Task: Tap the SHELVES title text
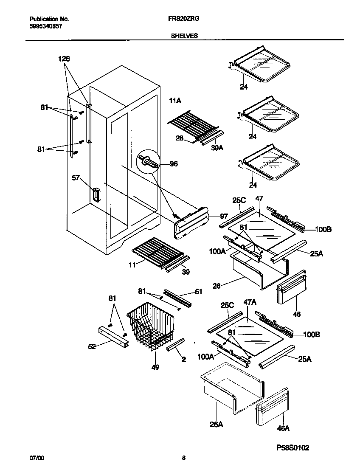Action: (184, 36)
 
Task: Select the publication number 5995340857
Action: (47, 25)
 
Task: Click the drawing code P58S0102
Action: (292, 447)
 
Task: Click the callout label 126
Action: (64, 59)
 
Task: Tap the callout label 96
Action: (174, 164)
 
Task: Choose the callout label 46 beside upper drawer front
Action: (297, 315)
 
